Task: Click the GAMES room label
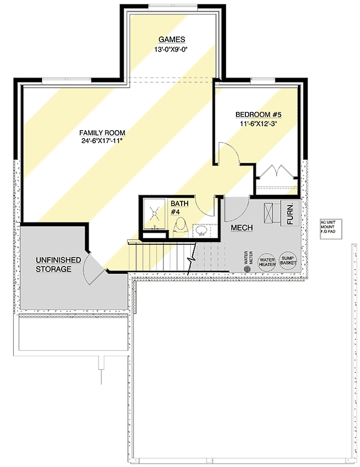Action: point(171,39)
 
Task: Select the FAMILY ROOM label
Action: point(102,133)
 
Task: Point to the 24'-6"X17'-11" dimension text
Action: point(102,142)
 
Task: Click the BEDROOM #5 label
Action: point(259,115)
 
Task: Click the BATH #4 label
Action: point(179,207)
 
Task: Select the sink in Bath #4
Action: point(202,229)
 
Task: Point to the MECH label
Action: point(241,228)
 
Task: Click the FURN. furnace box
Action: point(291,213)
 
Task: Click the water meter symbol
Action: point(248,268)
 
